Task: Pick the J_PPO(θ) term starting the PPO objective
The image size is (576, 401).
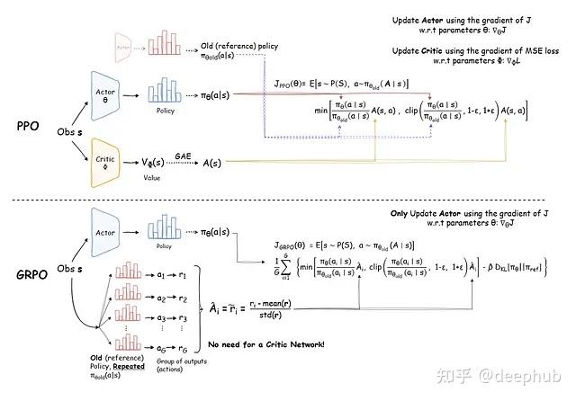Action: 294,84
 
